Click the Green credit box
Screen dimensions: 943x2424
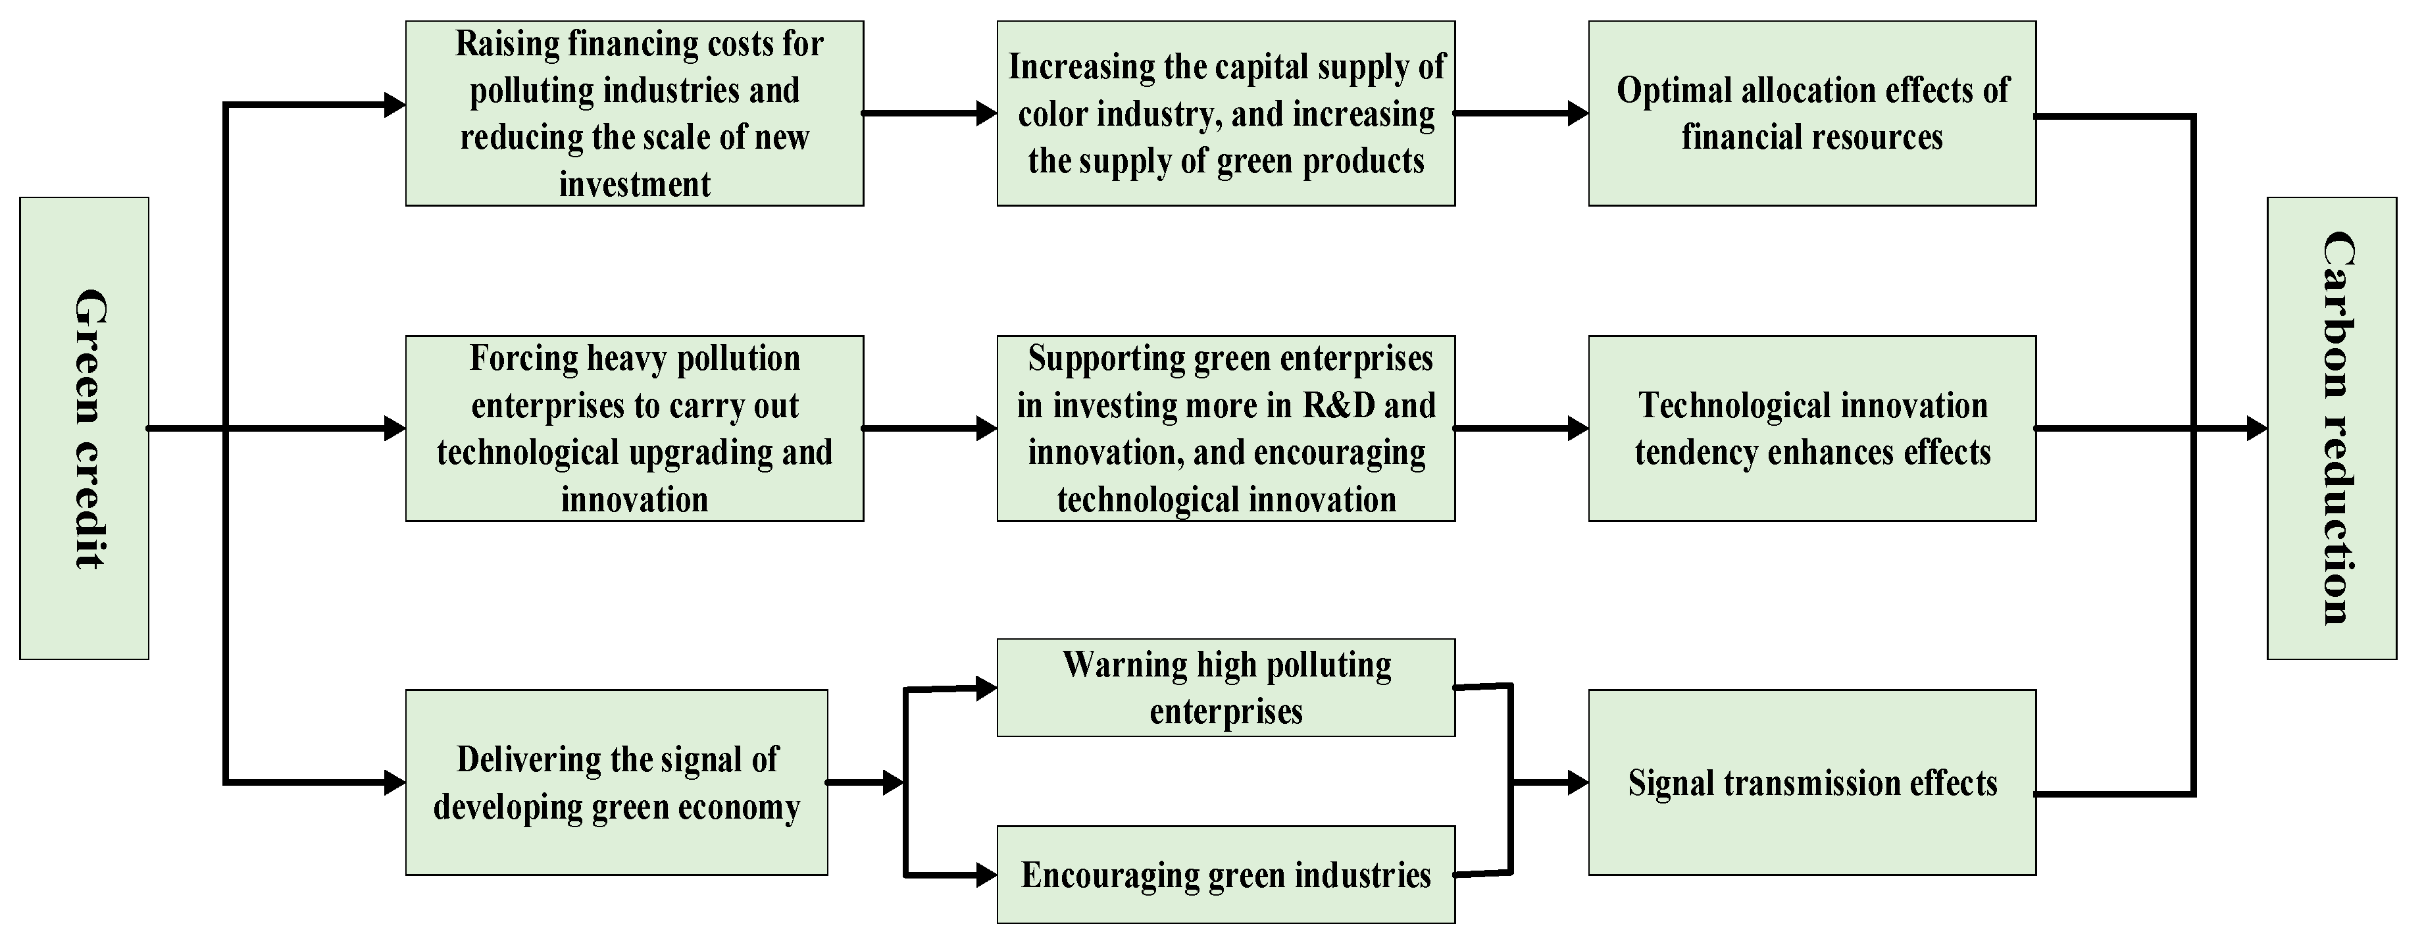coord(84,428)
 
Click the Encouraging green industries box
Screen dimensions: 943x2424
coord(1225,875)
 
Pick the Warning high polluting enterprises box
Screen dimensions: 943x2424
coord(1225,688)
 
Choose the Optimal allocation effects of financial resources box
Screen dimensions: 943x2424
coord(1811,114)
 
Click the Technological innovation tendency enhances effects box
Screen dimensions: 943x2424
coord(1811,428)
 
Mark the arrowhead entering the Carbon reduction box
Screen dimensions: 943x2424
coord(2256,429)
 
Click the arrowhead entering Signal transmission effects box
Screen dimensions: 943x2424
coord(1578,782)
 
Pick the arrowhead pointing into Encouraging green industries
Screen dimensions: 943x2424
coord(986,875)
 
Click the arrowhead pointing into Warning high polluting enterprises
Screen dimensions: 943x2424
coord(986,688)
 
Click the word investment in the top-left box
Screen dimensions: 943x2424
coord(634,184)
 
